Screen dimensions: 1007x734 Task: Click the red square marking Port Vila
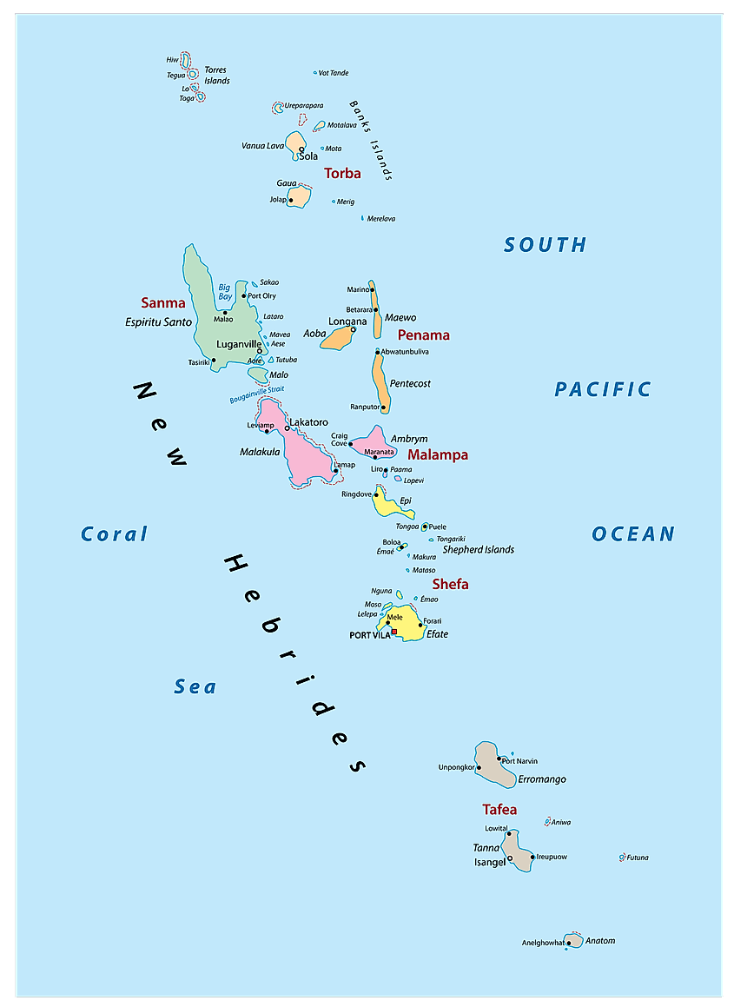394,632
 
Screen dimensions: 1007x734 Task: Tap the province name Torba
342,174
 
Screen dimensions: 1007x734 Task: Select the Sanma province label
163,303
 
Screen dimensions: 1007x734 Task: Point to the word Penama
424,335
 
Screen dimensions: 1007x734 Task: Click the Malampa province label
438,454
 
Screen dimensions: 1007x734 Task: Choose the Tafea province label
499,810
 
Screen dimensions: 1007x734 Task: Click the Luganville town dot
259,352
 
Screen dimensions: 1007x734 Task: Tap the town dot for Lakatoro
288,427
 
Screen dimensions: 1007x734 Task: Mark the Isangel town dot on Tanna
510,858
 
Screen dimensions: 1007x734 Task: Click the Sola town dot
301,150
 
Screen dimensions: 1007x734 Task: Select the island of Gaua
299,196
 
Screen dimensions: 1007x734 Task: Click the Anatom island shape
573,940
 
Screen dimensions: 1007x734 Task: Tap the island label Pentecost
410,383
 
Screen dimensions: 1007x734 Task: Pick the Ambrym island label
409,439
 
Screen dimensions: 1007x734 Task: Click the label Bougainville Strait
256,394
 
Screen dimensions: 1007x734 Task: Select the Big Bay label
225,291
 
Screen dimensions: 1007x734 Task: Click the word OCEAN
633,533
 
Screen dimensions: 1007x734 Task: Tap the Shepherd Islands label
478,549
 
